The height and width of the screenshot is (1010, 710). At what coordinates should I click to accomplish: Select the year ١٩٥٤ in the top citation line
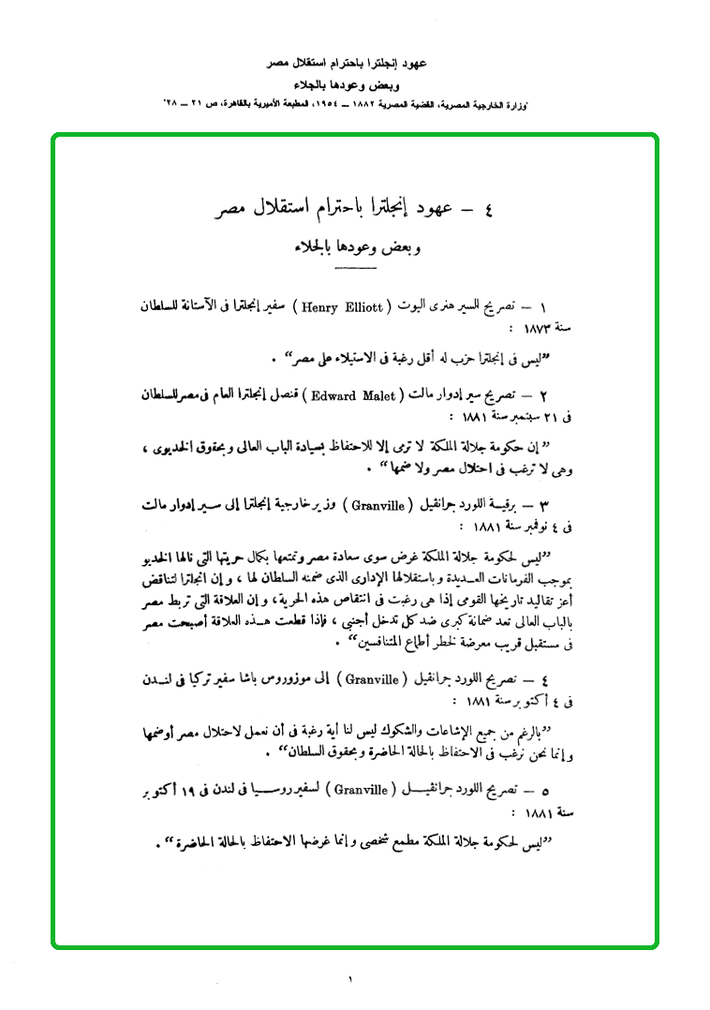coord(334,99)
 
